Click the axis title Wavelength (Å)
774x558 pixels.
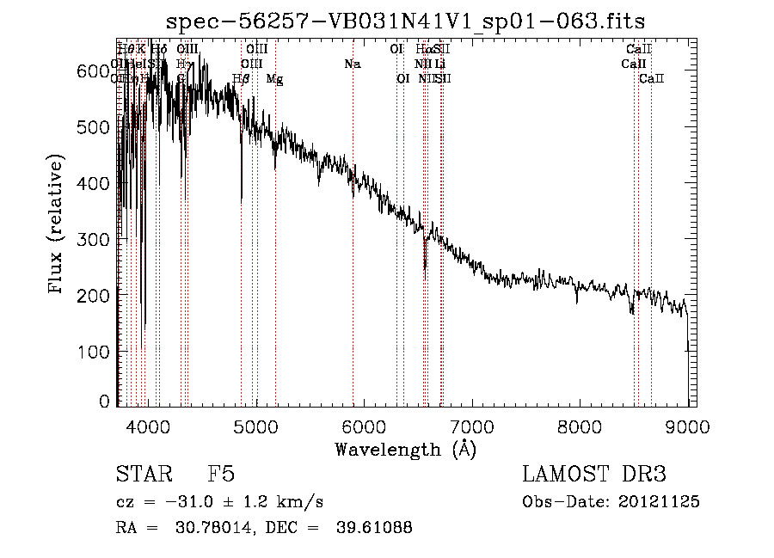405,449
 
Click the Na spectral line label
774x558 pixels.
352,64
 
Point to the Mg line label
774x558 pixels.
274,79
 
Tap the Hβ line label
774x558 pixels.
241,79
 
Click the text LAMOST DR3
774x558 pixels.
593,475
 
